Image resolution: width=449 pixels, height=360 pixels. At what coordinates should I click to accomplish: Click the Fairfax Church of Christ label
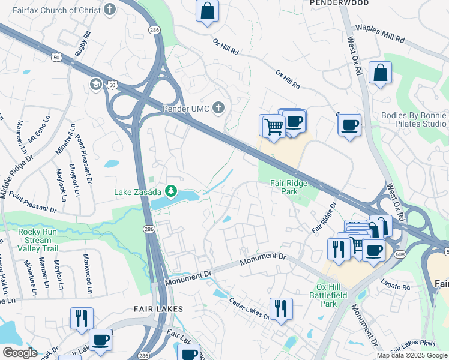point(57,9)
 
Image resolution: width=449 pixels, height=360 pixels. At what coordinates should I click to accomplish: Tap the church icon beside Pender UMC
point(218,108)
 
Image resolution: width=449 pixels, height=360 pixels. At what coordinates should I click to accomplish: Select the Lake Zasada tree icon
point(171,191)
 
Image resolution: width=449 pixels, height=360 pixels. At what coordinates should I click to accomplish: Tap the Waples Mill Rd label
point(379,34)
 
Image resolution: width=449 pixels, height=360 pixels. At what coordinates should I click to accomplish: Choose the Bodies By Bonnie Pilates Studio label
point(414,119)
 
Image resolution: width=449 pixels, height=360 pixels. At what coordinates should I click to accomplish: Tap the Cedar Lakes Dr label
point(250,307)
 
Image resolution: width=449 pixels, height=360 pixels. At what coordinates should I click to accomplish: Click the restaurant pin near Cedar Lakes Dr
point(281,308)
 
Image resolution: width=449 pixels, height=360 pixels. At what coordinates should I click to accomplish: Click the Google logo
point(20,353)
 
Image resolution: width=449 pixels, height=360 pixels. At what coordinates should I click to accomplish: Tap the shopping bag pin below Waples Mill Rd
point(381,73)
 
